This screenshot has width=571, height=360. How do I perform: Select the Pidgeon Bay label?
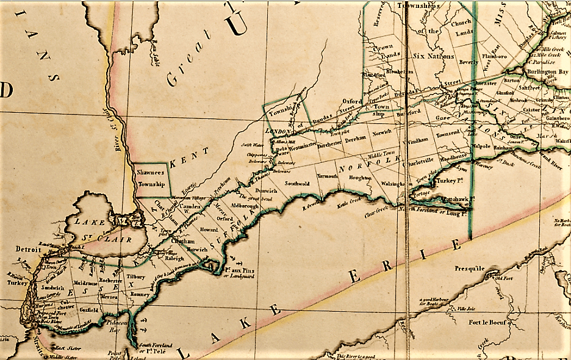pyautogui.click(x=114, y=325)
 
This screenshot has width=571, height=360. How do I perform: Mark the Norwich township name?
pyautogui.click(x=382, y=132)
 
